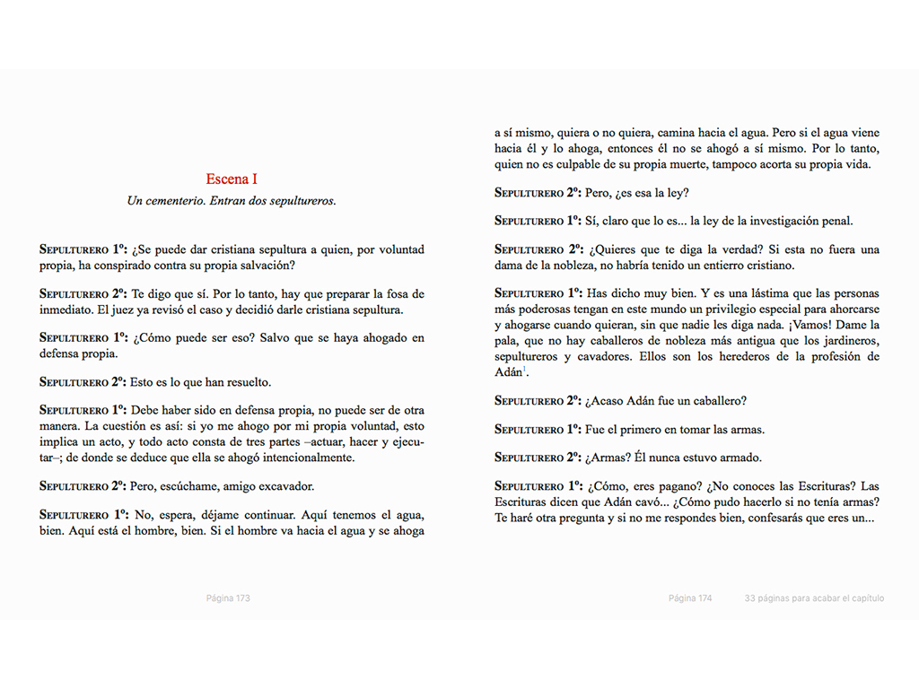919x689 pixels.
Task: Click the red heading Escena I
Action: [x=232, y=179]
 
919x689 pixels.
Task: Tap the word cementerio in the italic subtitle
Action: [x=173, y=201]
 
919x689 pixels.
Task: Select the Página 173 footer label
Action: [x=227, y=598]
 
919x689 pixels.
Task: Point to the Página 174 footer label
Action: [x=690, y=598]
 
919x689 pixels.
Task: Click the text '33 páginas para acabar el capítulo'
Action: [x=813, y=598]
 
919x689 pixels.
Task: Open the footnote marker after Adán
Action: [x=525, y=370]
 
